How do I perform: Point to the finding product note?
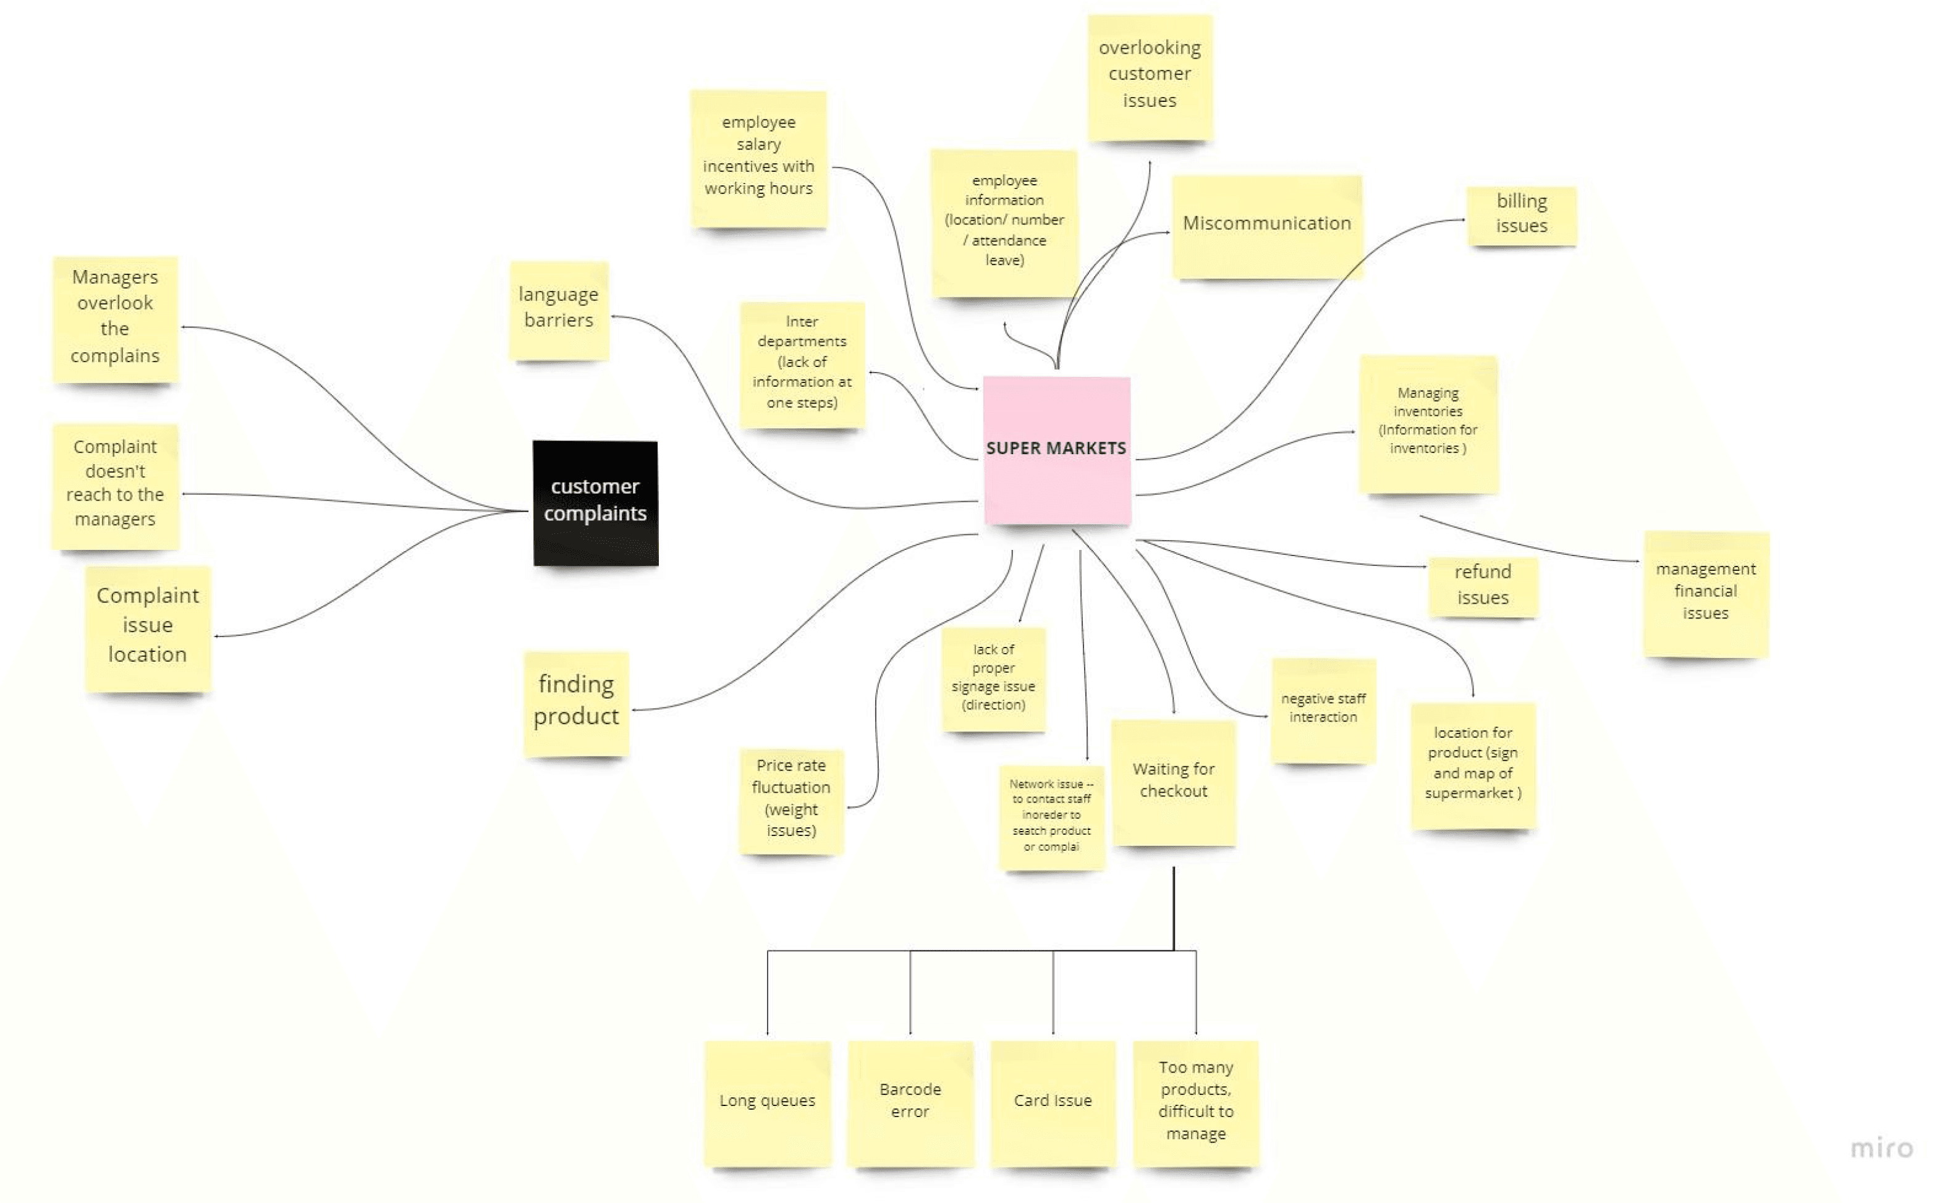(x=576, y=702)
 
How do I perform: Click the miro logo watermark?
(x=1881, y=1148)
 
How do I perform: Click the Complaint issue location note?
(x=147, y=627)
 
